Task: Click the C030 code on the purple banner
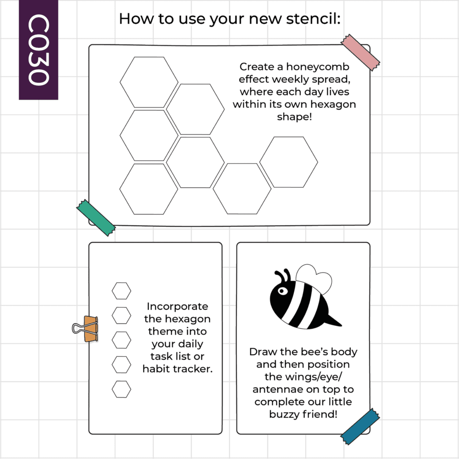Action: coord(39,50)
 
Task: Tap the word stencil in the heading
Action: coord(313,19)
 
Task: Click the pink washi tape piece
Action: coord(360,52)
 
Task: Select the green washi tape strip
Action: coord(96,218)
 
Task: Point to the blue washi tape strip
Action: coord(360,426)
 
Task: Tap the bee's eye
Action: coord(282,291)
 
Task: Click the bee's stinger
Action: coord(333,321)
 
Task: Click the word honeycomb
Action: coord(318,67)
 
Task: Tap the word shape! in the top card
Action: coord(295,117)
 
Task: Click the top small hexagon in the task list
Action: coord(122,291)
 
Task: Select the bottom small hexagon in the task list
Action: coord(122,389)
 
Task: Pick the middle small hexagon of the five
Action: coord(122,340)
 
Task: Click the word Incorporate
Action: coord(177,307)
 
